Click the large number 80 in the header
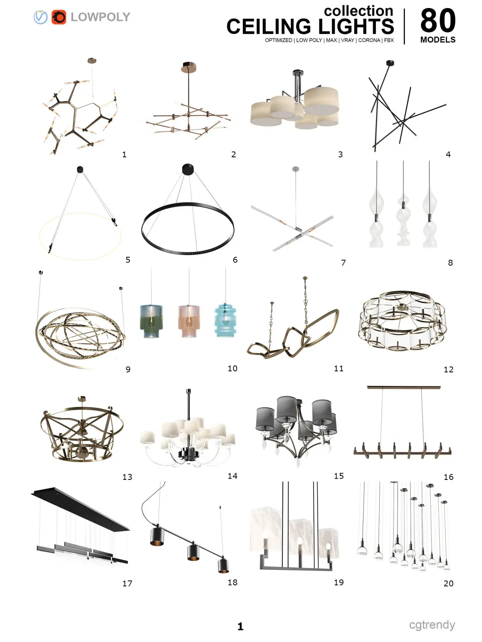[438, 20]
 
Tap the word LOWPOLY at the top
[100, 17]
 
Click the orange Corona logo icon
[59, 17]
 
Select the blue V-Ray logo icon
[41, 17]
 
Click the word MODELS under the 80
[438, 40]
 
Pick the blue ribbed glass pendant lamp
[225, 320]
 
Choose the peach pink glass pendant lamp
[189, 321]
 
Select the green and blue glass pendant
[151, 321]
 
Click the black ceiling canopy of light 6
[188, 169]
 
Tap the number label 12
[448, 370]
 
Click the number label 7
[343, 263]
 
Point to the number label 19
[339, 582]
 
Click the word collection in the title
[359, 11]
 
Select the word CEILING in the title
[269, 26]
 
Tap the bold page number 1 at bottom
[240, 626]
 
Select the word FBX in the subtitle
[389, 40]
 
